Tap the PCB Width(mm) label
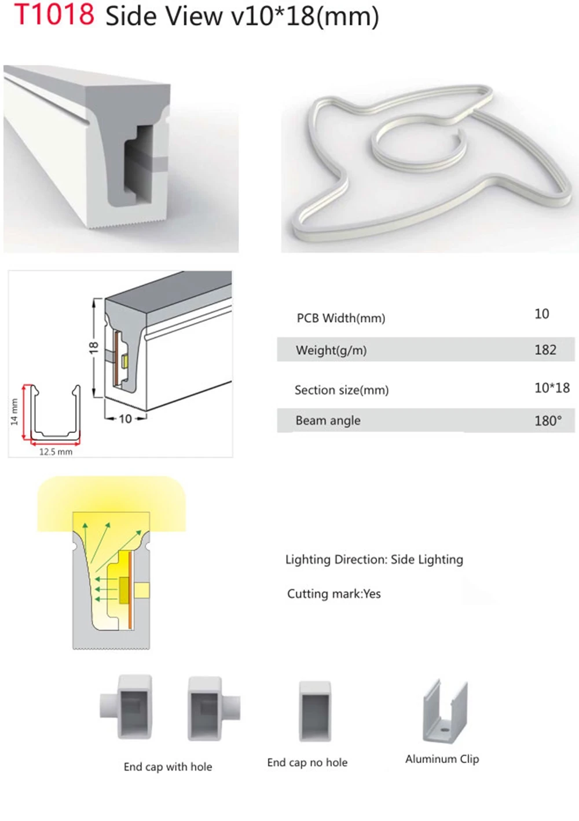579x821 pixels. [340, 318]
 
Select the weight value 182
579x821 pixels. [545, 350]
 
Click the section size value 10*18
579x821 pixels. [551, 388]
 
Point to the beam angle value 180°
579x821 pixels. [547, 421]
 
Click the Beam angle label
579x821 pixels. [328, 421]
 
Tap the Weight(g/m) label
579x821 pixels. [331, 350]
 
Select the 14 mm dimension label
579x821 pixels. [14, 411]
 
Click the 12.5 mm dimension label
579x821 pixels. [56, 452]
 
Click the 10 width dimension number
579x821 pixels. [125, 418]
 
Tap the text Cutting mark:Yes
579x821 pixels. [334, 594]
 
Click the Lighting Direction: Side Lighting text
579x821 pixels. [374, 560]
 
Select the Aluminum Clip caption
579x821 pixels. [442, 759]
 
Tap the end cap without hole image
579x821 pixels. [315, 711]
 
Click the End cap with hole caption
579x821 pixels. [168, 767]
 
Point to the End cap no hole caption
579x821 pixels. [307, 762]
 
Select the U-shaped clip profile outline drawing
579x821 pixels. [56, 413]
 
